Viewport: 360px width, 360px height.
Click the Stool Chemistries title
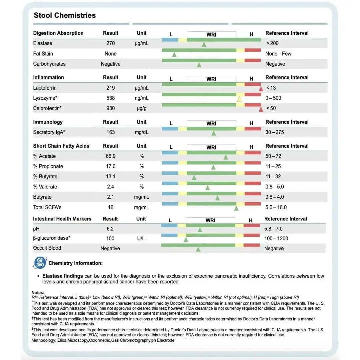[65, 15]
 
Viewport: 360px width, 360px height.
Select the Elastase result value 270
[110, 43]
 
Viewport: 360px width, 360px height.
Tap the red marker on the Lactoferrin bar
[261, 89]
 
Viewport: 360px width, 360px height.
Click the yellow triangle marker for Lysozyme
[239, 99]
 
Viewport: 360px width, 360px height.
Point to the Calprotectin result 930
[110, 108]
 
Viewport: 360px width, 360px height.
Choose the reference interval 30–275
[275, 132]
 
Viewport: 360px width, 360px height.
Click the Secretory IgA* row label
[49, 132]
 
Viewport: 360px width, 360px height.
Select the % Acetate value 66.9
[110, 156]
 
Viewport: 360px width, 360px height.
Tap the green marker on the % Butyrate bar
[194, 177]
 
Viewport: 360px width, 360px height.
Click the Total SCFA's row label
[47, 207]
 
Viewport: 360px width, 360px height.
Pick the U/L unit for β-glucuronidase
[141, 239]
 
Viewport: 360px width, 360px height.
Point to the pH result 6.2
[110, 229]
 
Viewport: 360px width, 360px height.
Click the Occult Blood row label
[47, 248]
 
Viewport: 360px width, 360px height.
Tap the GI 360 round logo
[40, 263]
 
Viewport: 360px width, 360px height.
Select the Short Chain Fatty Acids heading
[61, 146]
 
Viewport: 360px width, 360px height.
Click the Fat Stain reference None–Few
[278, 54]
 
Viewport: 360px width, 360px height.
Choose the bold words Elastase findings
[63, 276]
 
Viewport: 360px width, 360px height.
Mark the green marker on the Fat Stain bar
[174, 55]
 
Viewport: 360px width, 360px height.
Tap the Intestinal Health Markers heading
[62, 219]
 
